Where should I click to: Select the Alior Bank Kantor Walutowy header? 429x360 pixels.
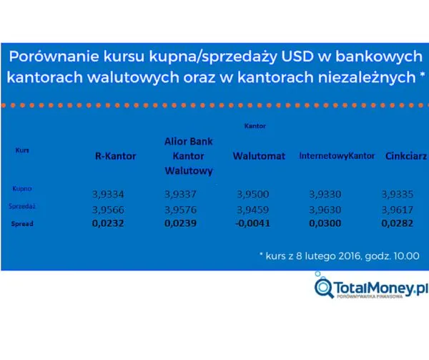pos(189,156)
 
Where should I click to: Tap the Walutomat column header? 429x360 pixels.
pos(259,156)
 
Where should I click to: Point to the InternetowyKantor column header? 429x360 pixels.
pos(337,156)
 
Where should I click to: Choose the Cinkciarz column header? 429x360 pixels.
pos(405,156)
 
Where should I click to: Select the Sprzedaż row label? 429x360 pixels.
pos(24,206)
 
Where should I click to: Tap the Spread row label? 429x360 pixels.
pos(22,223)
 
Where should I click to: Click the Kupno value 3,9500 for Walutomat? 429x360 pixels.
pos(254,194)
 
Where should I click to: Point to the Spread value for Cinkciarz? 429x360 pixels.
pos(399,224)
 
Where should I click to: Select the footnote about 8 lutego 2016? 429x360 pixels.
pos(339,256)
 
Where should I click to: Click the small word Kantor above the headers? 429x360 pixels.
pos(256,125)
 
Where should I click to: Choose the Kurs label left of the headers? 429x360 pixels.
pos(22,151)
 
